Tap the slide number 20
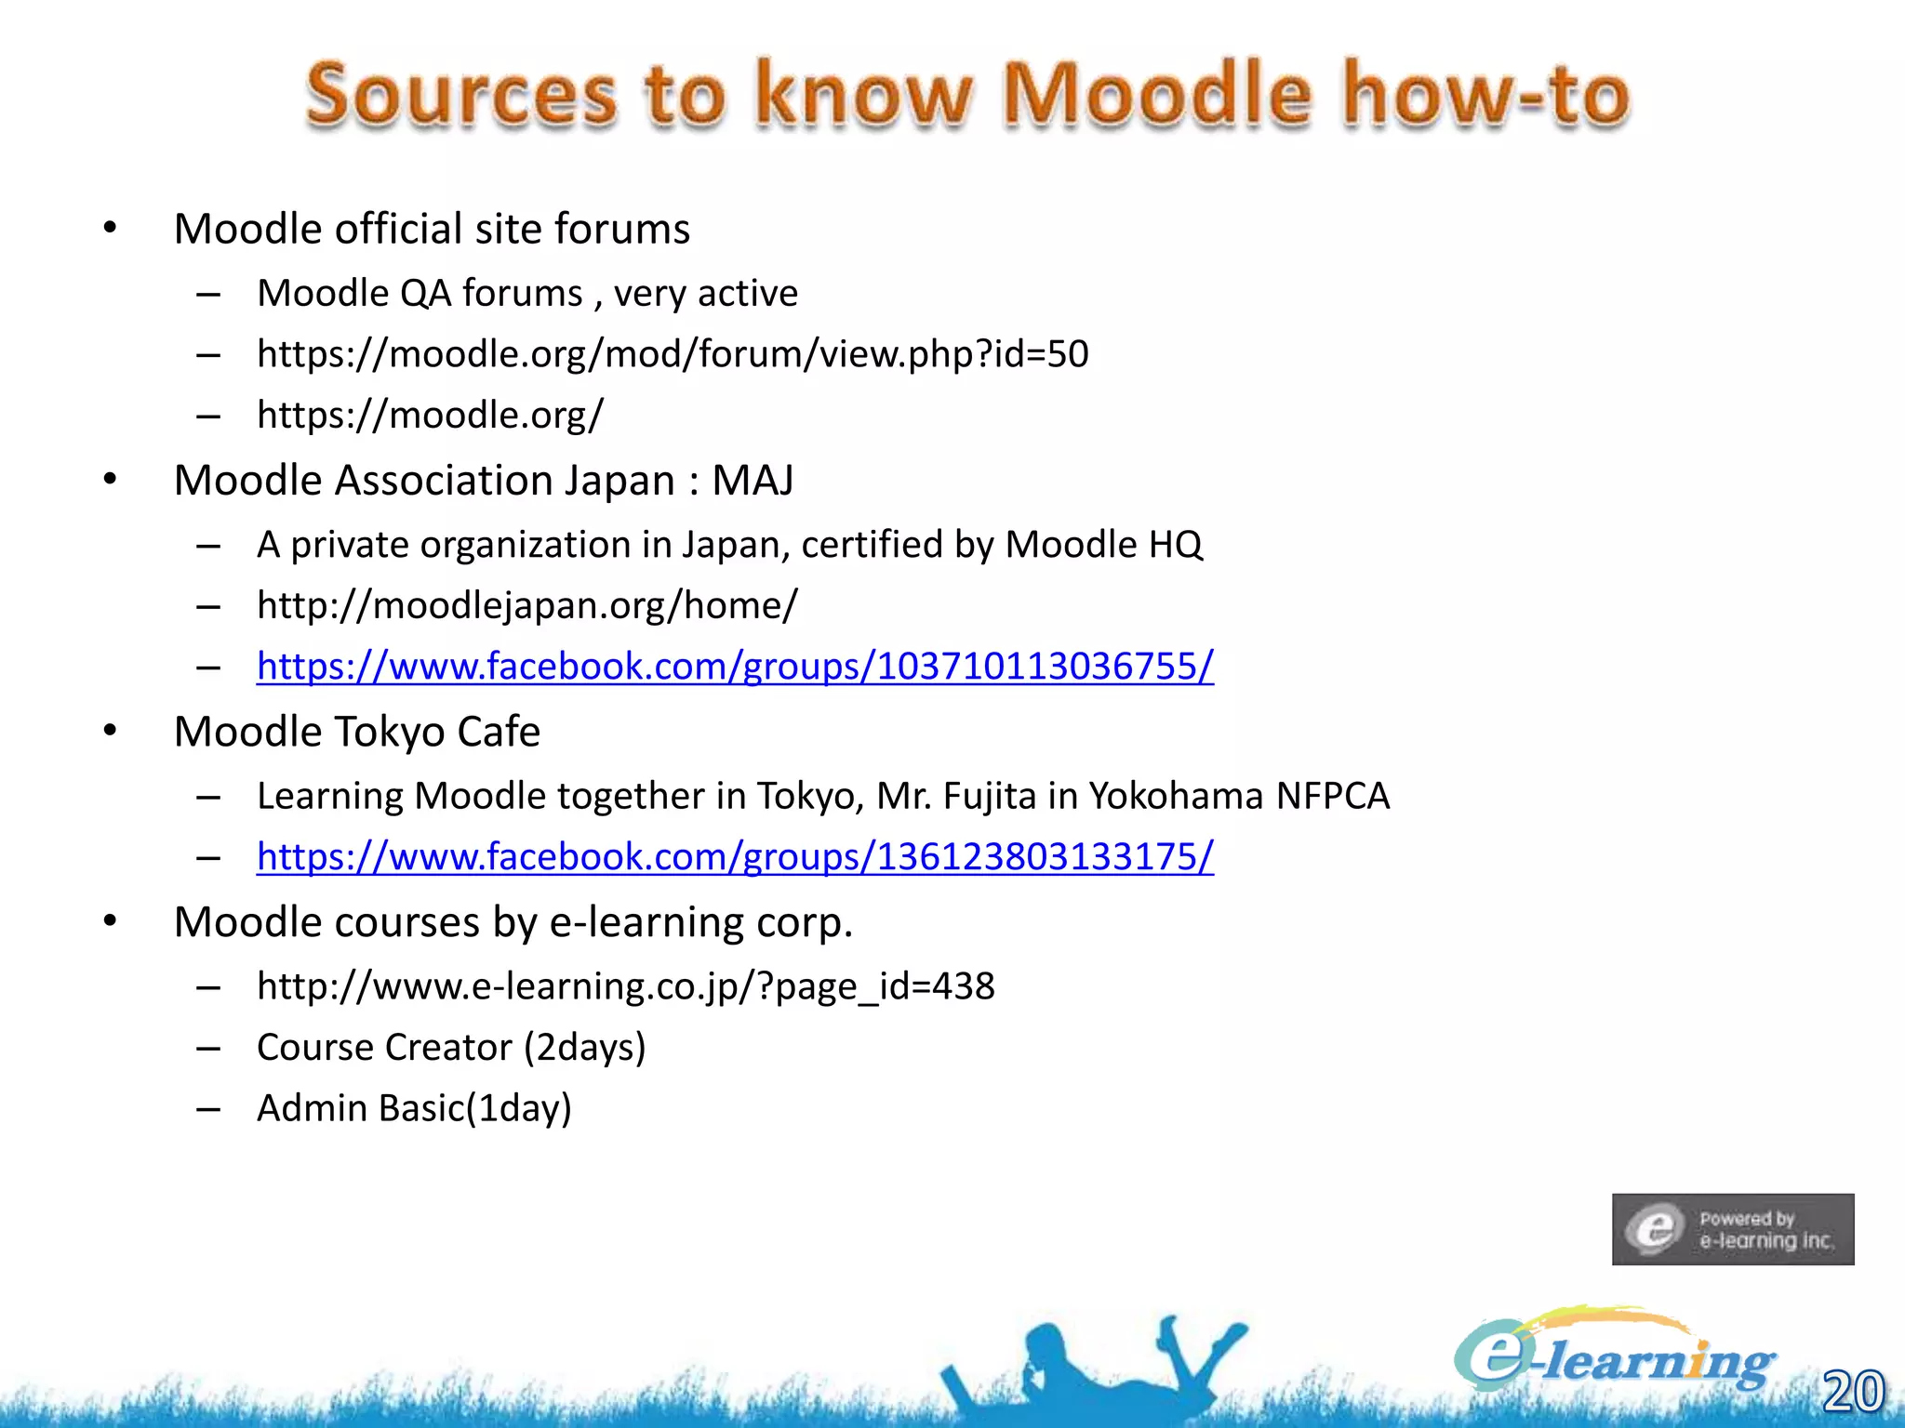(1852, 1391)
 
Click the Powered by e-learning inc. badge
(1732, 1229)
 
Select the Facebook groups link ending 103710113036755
(735, 667)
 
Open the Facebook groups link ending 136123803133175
(735, 857)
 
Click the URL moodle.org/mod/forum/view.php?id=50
(673, 354)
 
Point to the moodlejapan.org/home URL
(526, 605)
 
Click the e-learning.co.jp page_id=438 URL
(625, 986)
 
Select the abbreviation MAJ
(753, 481)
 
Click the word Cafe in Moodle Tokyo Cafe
(499, 732)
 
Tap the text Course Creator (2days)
(451, 1048)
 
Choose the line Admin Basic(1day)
(414, 1108)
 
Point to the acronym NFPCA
(1332, 796)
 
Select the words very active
(705, 294)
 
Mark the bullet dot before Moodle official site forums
(110, 228)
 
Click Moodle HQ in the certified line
(1104, 545)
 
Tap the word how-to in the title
(1485, 96)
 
